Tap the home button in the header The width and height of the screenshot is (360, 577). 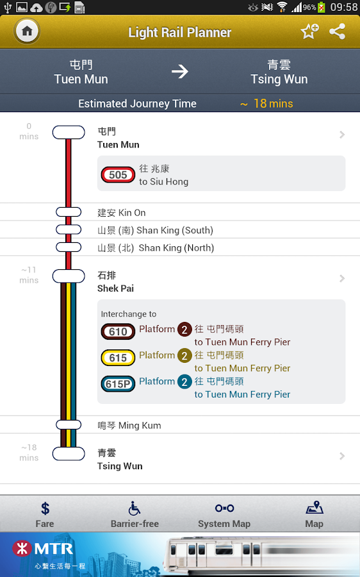27,31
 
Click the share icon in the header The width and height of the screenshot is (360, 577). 338,31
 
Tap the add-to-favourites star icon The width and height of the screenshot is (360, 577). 309,31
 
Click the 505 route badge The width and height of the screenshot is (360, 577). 118,174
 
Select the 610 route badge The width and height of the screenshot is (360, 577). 118,331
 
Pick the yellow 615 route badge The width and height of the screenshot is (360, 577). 118,358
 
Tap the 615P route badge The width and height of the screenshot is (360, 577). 118,384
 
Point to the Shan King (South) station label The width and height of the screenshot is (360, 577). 155,230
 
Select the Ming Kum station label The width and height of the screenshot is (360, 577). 129,425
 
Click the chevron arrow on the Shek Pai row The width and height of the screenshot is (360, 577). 342,279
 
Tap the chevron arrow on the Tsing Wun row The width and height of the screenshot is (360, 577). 342,456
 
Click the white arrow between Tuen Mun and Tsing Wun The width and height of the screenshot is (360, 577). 180,71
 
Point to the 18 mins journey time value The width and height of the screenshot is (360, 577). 273,103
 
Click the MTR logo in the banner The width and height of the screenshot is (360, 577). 44,549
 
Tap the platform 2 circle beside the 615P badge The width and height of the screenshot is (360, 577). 184,381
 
